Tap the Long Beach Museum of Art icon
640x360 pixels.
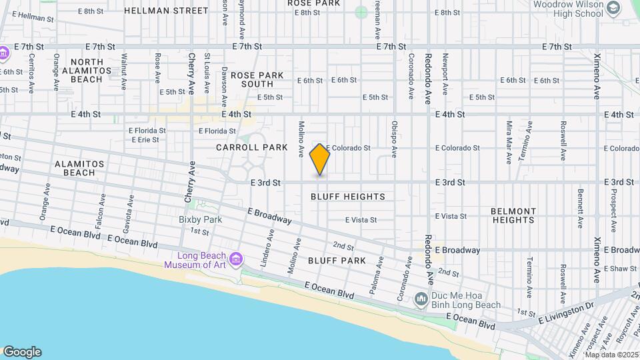tap(235, 259)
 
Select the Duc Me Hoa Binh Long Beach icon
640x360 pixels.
tap(421, 300)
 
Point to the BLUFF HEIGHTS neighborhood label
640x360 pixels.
tap(348, 197)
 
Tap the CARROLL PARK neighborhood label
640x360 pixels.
tap(251, 147)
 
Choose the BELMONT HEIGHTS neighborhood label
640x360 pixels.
tap(513, 215)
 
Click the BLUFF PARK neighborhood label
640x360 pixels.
tap(337, 261)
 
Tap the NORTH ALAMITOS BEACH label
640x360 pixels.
tap(87, 70)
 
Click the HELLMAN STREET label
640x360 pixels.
tap(166, 11)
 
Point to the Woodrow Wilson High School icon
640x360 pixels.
tap(615, 7)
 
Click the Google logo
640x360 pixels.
tap(22, 352)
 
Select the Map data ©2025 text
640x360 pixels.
tap(611, 354)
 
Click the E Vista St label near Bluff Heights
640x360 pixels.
tap(361, 220)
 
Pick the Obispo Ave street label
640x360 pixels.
tap(394, 139)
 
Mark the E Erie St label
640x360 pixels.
tap(145, 140)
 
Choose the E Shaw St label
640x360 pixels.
tap(620, 269)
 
